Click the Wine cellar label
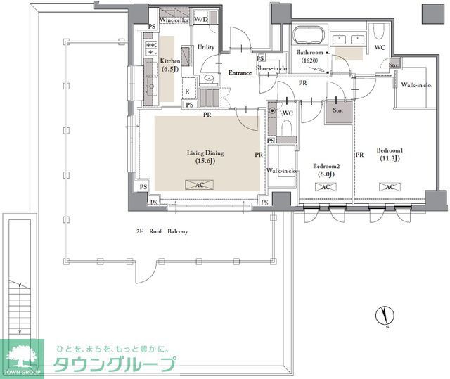[174, 20]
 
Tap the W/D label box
[201, 20]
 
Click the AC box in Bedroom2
[326, 187]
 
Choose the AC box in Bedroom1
[387, 187]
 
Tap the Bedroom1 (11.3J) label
[387, 154]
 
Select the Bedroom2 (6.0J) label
[326, 170]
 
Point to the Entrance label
[240, 73]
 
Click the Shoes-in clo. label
[273, 69]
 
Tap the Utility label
[205, 48]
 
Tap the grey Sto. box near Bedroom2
[336, 110]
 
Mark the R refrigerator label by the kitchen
[187, 91]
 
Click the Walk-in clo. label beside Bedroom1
[416, 85]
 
